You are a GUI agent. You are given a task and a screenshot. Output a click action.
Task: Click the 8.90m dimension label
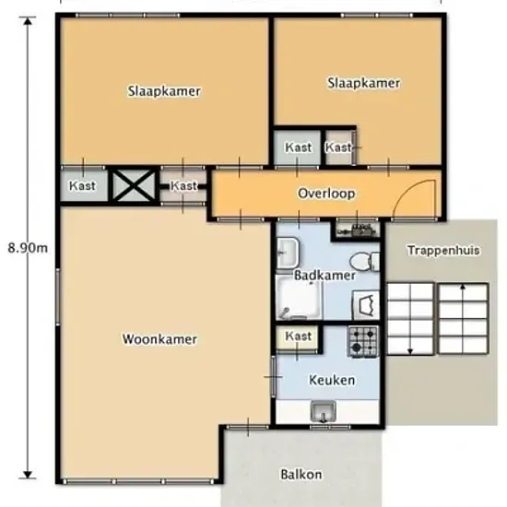click(x=28, y=248)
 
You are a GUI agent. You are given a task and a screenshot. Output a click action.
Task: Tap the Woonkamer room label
click(x=159, y=339)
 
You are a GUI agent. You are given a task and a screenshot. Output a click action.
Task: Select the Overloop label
click(x=326, y=194)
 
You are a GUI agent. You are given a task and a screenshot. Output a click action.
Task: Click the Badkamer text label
click(x=325, y=276)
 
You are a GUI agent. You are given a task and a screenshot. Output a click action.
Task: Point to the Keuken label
click(x=332, y=380)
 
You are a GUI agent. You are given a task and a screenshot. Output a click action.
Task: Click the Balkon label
click(x=301, y=475)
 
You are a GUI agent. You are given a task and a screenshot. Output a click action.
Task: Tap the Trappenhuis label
click(x=443, y=250)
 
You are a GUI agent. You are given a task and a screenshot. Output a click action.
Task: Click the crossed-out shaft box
click(x=134, y=185)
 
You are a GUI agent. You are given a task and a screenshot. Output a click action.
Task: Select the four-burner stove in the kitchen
click(x=363, y=342)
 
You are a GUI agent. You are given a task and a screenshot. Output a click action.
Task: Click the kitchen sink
click(x=323, y=411)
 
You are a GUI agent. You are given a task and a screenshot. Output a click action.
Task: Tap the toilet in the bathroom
click(x=365, y=261)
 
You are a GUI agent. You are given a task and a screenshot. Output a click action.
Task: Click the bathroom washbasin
click(x=288, y=253)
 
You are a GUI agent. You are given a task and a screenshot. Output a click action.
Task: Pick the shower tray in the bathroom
click(x=299, y=298)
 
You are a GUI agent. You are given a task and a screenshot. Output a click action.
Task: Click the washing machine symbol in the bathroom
click(x=366, y=304)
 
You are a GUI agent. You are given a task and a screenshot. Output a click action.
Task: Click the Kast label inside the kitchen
click(x=298, y=336)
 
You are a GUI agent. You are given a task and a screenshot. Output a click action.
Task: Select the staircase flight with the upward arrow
click(x=463, y=319)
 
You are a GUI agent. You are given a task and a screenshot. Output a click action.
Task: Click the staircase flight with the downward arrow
click(x=410, y=319)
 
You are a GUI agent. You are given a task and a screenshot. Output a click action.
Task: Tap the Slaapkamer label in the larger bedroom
click(x=164, y=91)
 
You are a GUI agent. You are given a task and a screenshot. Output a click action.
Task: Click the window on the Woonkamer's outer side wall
click(x=58, y=297)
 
